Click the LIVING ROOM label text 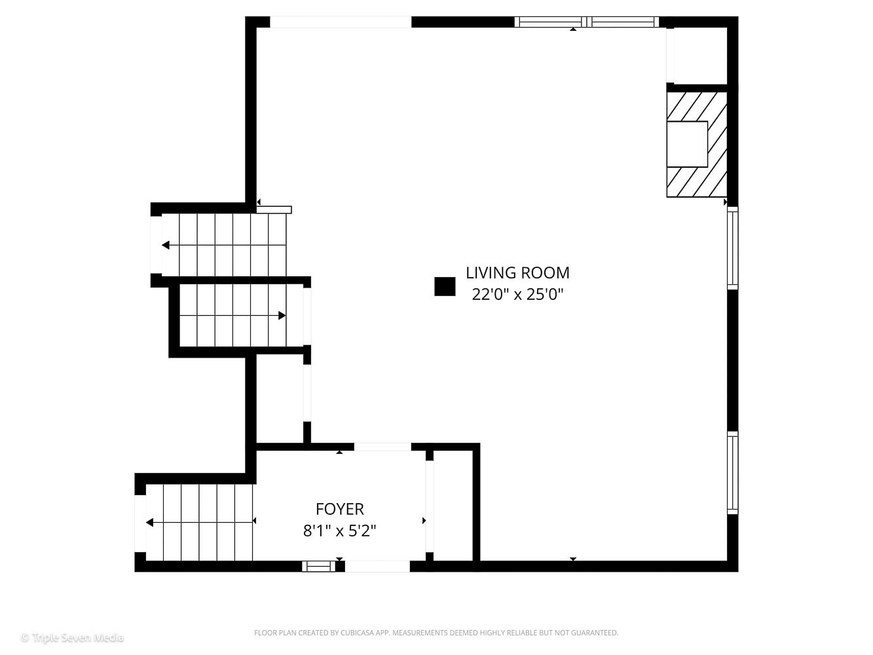517,272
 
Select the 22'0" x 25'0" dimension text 517,294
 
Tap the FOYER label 339,509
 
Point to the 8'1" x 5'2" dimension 339,531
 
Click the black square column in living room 445,286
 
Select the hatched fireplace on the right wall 697,144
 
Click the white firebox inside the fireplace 687,144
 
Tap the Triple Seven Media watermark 72,637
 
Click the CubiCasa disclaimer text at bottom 436,633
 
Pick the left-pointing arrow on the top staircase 166,245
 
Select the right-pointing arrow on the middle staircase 282,315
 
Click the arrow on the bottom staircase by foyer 151,522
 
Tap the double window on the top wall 587,22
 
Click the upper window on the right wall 733,248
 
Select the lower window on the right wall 733,472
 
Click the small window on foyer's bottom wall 318,566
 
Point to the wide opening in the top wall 341,22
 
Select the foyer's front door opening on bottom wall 377,566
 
